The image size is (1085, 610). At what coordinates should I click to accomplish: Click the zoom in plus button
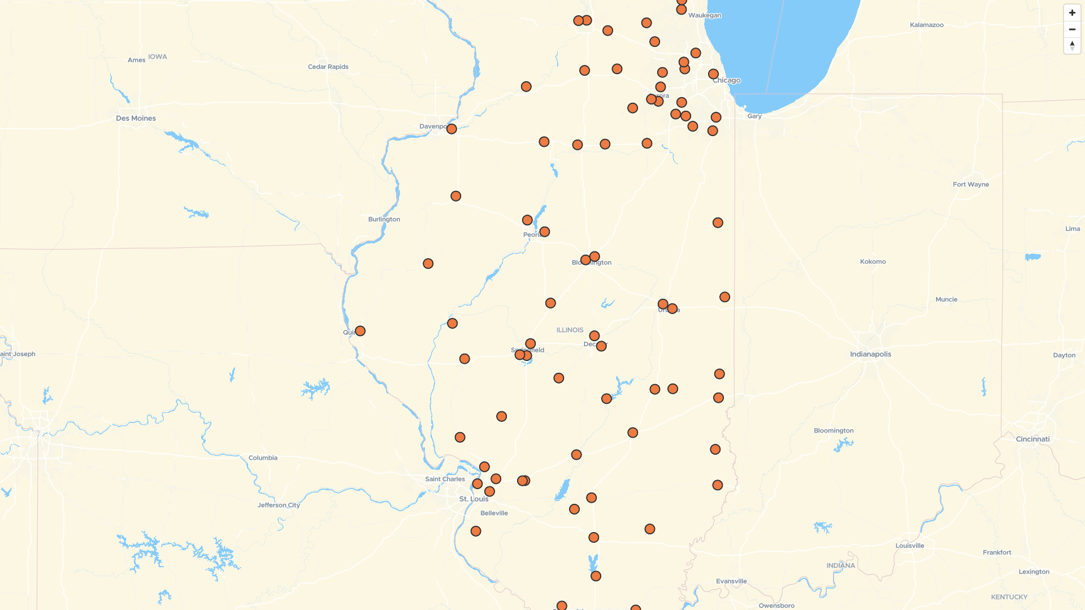pyautogui.click(x=1072, y=13)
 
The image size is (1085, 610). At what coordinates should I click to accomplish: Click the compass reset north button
pyautogui.click(x=1072, y=46)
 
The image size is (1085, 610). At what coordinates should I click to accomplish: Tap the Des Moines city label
pyautogui.click(x=136, y=119)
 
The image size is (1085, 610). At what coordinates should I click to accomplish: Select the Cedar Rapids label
pyautogui.click(x=328, y=67)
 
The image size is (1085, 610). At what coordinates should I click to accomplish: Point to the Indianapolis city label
pyautogui.click(x=870, y=354)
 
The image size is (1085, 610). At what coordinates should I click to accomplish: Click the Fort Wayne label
pyautogui.click(x=970, y=185)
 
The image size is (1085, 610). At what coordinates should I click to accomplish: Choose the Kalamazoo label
pyautogui.click(x=926, y=25)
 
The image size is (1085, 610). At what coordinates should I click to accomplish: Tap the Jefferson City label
pyautogui.click(x=279, y=505)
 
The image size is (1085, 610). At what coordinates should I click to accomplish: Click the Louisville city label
pyautogui.click(x=909, y=546)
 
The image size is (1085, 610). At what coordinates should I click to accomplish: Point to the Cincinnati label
pyautogui.click(x=1032, y=439)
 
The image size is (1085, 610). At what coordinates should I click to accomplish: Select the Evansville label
pyautogui.click(x=731, y=581)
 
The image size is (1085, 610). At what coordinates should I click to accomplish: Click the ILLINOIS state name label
pyautogui.click(x=570, y=330)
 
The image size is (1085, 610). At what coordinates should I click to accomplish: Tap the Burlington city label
pyautogui.click(x=384, y=219)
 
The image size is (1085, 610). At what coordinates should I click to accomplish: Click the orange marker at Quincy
pyautogui.click(x=360, y=331)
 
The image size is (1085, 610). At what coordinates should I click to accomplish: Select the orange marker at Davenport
pyautogui.click(x=452, y=129)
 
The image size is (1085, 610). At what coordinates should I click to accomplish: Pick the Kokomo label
pyautogui.click(x=873, y=262)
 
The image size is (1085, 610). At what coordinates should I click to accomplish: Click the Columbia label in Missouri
pyautogui.click(x=263, y=458)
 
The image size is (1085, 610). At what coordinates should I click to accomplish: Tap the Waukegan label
pyautogui.click(x=704, y=15)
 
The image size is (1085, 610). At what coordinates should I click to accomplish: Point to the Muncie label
pyautogui.click(x=946, y=299)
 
